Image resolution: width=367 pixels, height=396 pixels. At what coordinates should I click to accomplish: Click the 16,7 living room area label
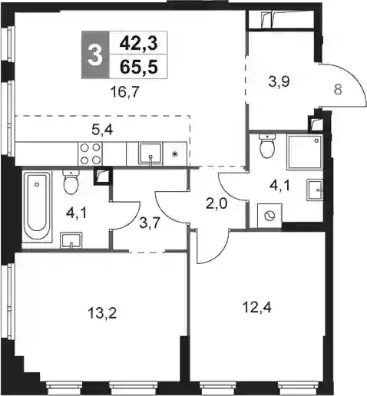click(x=124, y=92)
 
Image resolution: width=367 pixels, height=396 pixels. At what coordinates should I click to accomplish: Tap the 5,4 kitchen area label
click(x=102, y=130)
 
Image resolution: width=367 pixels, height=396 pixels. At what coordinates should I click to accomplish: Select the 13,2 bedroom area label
click(x=102, y=312)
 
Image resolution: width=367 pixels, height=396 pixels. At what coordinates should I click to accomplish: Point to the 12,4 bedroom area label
click(x=256, y=307)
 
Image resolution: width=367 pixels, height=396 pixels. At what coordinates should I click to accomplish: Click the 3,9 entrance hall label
click(x=279, y=82)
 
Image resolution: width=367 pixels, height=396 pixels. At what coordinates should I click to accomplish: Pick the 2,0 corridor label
click(x=217, y=204)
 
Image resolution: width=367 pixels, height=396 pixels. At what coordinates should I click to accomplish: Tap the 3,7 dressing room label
click(x=150, y=223)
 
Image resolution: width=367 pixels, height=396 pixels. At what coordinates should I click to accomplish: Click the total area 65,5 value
click(x=138, y=68)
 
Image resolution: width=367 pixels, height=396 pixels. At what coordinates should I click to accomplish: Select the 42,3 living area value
click(x=138, y=44)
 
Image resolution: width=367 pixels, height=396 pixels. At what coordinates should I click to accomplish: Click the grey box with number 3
click(x=95, y=54)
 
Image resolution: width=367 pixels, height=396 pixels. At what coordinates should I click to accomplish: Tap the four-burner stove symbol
click(x=90, y=154)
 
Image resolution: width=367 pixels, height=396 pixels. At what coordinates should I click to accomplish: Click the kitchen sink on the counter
click(x=150, y=153)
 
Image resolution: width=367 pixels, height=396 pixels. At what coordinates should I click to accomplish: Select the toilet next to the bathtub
click(x=71, y=183)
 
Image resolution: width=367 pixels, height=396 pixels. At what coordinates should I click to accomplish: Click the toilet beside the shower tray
click(x=267, y=146)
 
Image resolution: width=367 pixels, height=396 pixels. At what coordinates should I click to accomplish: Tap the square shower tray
click(x=305, y=152)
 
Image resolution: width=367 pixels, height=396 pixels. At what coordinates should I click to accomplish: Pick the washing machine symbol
click(x=269, y=216)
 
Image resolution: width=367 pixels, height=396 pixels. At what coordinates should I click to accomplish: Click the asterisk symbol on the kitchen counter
click(x=175, y=154)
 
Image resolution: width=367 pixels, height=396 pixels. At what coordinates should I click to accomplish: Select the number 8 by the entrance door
click(x=338, y=90)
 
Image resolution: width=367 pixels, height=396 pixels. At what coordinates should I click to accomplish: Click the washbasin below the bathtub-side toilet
click(x=71, y=240)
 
